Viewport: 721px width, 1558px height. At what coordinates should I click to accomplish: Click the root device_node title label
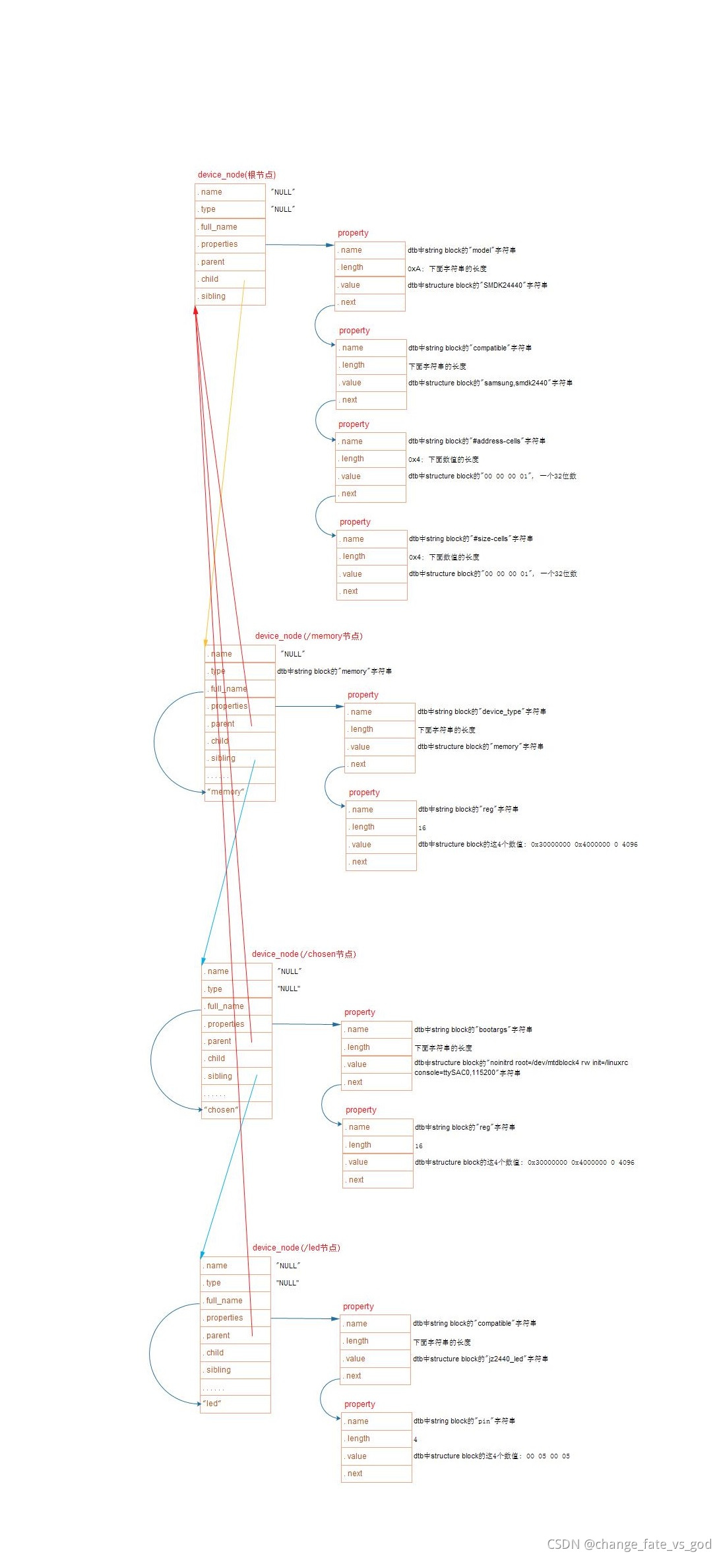pyautogui.click(x=236, y=175)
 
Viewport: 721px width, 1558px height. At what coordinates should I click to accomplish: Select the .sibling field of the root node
pyautogui.click(x=230, y=296)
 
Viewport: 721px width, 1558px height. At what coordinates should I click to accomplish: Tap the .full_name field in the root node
pyautogui.click(x=230, y=227)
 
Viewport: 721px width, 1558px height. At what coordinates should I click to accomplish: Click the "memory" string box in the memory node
pyautogui.click(x=239, y=792)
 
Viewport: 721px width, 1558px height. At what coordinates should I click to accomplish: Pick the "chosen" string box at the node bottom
pyautogui.click(x=236, y=1110)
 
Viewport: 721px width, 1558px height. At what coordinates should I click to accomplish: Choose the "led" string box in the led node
pyautogui.click(x=235, y=1404)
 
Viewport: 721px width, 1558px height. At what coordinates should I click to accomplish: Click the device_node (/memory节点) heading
pyautogui.click(x=309, y=636)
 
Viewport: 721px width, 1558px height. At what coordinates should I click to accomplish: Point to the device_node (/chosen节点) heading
pyautogui.click(x=303, y=954)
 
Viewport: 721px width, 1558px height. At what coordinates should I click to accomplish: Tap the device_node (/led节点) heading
pyautogui.click(x=296, y=1248)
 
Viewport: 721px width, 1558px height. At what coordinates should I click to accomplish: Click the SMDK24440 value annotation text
pyautogui.click(x=478, y=285)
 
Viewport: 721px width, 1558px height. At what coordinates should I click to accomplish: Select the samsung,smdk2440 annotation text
pyautogui.click(x=490, y=383)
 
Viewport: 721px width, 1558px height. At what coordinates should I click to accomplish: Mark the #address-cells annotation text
pyautogui.click(x=476, y=441)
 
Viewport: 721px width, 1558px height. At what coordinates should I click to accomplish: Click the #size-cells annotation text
pyautogui.click(x=470, y=538)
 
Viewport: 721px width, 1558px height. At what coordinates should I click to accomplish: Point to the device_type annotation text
pyautogui.click(x=482, y=711)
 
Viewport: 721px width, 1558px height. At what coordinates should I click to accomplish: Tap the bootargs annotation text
pyautogui.click(x=473, y=1029)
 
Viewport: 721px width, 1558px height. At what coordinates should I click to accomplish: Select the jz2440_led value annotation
pyautogui.click(x=480, y=1359)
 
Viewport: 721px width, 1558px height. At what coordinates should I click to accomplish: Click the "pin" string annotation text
pyautogui.click(x=464, y=1421)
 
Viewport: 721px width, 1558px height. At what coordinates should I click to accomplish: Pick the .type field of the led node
pyautogui.click(x=235, y=1283)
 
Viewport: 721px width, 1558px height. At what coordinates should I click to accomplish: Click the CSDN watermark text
pyautogui.click(x=629, y=1544)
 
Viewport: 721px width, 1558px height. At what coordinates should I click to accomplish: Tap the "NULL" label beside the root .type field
pyautogui.click(x=283, y=209)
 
